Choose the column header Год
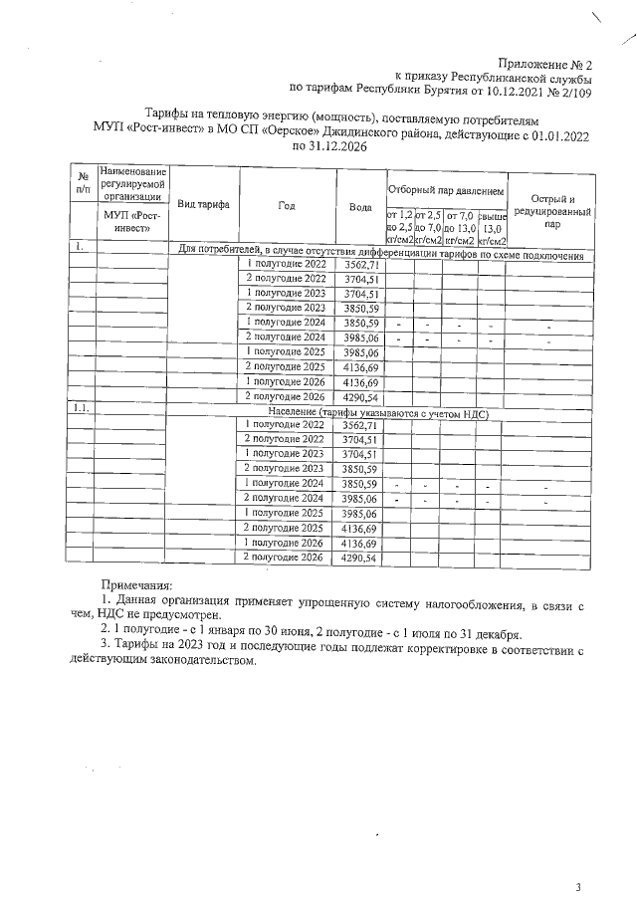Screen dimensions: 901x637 point(287,204)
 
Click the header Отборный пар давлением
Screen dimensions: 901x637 point(446,189)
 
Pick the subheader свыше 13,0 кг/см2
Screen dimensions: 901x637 point(493,228)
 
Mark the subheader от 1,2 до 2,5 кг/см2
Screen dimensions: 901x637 point(398,228)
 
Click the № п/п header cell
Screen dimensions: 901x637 point(83,181)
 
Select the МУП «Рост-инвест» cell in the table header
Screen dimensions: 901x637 point(132,222)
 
